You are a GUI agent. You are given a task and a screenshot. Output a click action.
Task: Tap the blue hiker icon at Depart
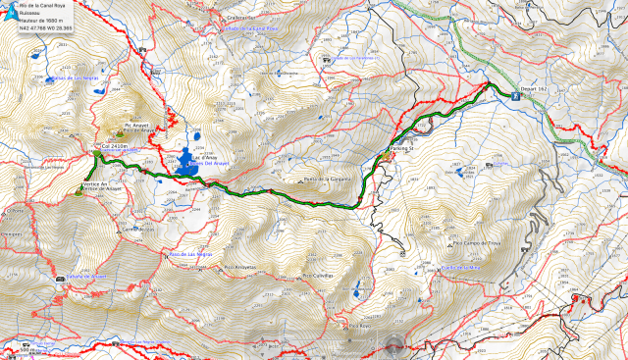coord(515,96)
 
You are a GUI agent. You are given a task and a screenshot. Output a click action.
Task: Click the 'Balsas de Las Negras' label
coord(71,77)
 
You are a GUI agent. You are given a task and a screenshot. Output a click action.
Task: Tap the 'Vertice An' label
coord(94,183)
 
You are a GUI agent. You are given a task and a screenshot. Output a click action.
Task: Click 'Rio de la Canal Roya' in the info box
coord(45,6)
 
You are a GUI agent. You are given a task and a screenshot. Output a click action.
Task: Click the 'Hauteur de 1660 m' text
coord(41,21)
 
